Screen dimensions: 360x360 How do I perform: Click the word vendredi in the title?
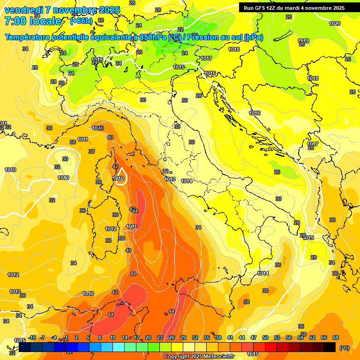(24, 10)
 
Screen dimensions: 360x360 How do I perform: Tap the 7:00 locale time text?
(33, 21)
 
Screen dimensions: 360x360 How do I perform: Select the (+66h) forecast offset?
(81, 21)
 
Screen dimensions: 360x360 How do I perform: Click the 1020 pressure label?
(335, 23)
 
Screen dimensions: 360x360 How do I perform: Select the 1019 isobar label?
(303, 41)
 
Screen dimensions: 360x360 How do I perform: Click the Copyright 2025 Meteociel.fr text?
(198, 356)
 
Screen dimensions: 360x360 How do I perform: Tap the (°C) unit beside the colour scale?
(344, 348)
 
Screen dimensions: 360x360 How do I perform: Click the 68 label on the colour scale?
(336, 337)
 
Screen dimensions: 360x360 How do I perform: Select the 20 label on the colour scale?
(148, 337)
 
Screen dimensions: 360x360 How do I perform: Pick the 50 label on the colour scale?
(265, 337)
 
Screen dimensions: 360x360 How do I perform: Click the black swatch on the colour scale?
(330, 347)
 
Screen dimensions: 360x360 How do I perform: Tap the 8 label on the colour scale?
(100, 337)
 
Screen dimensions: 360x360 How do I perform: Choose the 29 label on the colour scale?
(183, 337)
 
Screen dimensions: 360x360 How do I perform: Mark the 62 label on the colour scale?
(312, 337)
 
